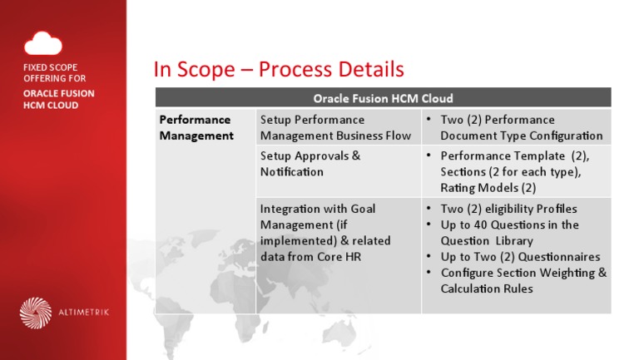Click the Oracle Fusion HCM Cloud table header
382,98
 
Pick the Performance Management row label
196,127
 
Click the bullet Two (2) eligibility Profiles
508,209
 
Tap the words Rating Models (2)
488,187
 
